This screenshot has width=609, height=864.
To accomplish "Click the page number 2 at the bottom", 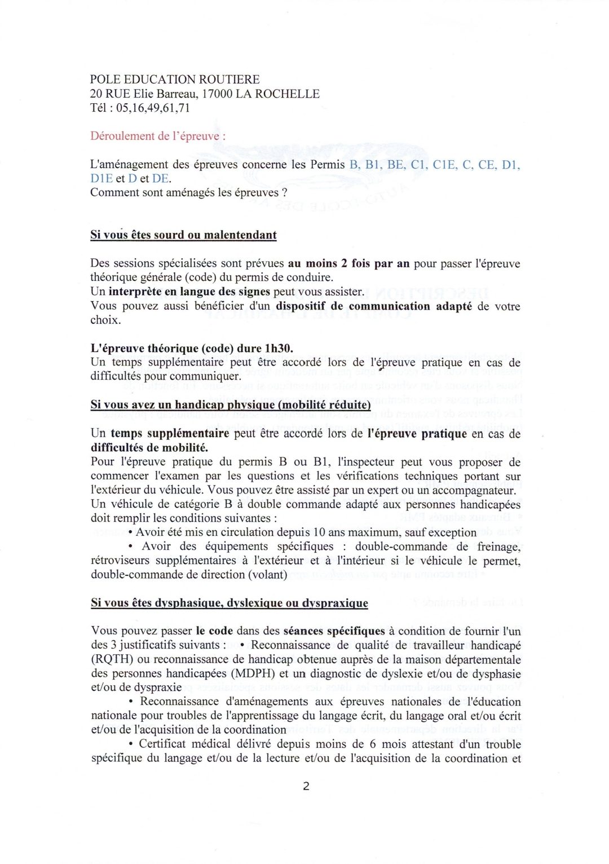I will pyautogui.click(x=306, y=786).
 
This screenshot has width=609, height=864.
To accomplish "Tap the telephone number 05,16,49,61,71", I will pyautogui.click(x=153, y=108).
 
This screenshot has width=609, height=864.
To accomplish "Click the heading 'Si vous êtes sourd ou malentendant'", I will pyautogui.click(x=183, y=235).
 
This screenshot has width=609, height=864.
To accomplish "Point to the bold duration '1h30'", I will pyautogui.click(x=278, y=348).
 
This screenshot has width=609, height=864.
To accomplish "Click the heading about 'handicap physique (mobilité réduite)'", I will pyautogui.click(x=230, y=404).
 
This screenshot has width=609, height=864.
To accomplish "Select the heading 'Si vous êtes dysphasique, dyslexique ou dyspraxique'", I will pyautogui.click(x=229, y=602).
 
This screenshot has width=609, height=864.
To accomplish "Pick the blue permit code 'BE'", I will pyautogui.click(x=396, y=164).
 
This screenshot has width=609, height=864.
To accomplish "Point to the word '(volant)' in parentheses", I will pyautogui.click(x=267, y=575).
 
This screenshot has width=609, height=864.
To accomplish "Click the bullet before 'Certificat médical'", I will pyautogui.click(x=131, y=744).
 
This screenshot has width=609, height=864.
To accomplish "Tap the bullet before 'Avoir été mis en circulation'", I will pyautogui.click(x=131, y=532).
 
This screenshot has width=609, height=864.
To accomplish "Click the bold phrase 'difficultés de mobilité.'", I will pyautogui.click(x=149, y=448).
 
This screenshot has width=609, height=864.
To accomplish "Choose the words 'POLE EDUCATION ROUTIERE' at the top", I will pyautogui.click(x=175, y=80).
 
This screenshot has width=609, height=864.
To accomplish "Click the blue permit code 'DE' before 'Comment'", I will pyautogui.click(x=161, y=178).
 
